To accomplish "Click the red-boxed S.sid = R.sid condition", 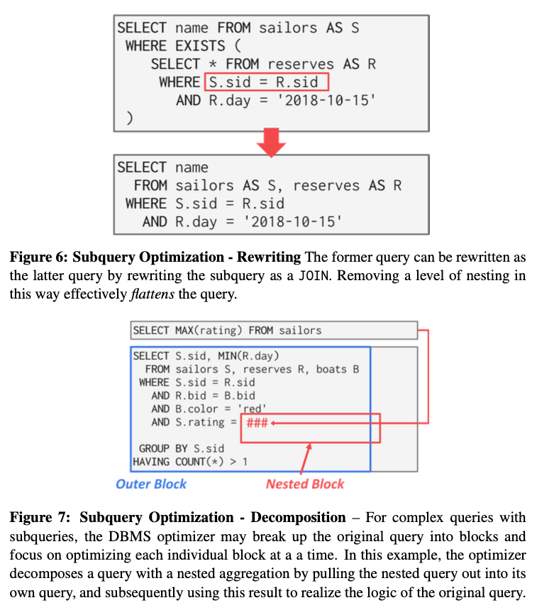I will (267, 82).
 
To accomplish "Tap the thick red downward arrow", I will (270, 144).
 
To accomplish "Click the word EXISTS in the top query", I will (208, 46).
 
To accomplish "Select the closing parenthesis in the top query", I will (129, 118).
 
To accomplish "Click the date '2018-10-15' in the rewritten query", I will (293, 221).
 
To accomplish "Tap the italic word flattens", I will (151, 294).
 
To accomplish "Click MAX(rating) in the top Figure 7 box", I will (204, 331).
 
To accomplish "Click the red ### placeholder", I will (256, 422).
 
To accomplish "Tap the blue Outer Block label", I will (151, 484).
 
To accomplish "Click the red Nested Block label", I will (305, 484).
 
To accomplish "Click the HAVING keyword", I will (151, 462).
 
